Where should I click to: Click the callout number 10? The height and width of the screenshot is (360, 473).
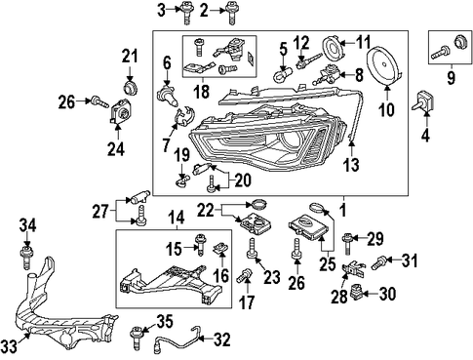(386, 109)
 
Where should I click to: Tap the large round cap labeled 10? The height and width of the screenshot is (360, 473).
(386, 66)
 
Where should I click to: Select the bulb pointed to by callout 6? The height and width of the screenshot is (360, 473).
(168, 94)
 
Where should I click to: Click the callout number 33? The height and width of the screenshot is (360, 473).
(9, 346)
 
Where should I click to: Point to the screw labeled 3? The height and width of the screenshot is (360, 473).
(185, 14)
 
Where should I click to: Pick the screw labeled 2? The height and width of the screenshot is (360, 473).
(231, 14)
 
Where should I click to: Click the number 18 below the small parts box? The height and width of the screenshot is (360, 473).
(202, 92)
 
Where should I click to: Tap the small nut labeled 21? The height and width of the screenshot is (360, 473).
(130, 88)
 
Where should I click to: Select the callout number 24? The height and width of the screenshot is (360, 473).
(116, 149)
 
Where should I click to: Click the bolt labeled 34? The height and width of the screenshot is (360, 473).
(27, 258)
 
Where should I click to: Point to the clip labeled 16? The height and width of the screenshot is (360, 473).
(220, 250)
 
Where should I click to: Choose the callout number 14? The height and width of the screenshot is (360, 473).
(177, 218)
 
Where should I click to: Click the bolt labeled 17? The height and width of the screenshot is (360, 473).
(244, 275)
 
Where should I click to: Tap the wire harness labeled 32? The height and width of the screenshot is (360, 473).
(178, 340)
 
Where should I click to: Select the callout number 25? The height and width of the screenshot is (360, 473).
(328, 264)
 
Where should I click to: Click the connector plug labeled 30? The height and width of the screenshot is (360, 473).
(356, 292)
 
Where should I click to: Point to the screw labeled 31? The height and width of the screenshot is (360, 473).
(378, 262)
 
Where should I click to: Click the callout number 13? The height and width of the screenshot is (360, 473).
(351, 165)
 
